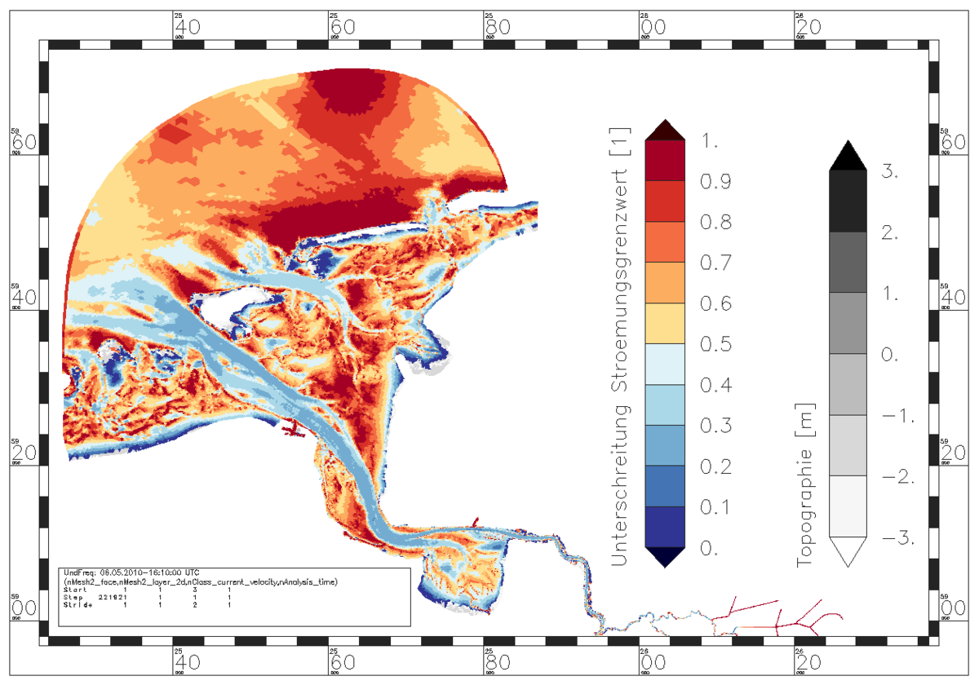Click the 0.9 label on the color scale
point(715,182)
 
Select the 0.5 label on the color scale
point(715,345)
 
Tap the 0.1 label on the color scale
point(715,508)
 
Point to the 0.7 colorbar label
point(715,263)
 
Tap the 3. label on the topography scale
point(891,172)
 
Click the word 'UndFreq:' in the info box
point(78,573)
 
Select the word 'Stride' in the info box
point(77,605)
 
